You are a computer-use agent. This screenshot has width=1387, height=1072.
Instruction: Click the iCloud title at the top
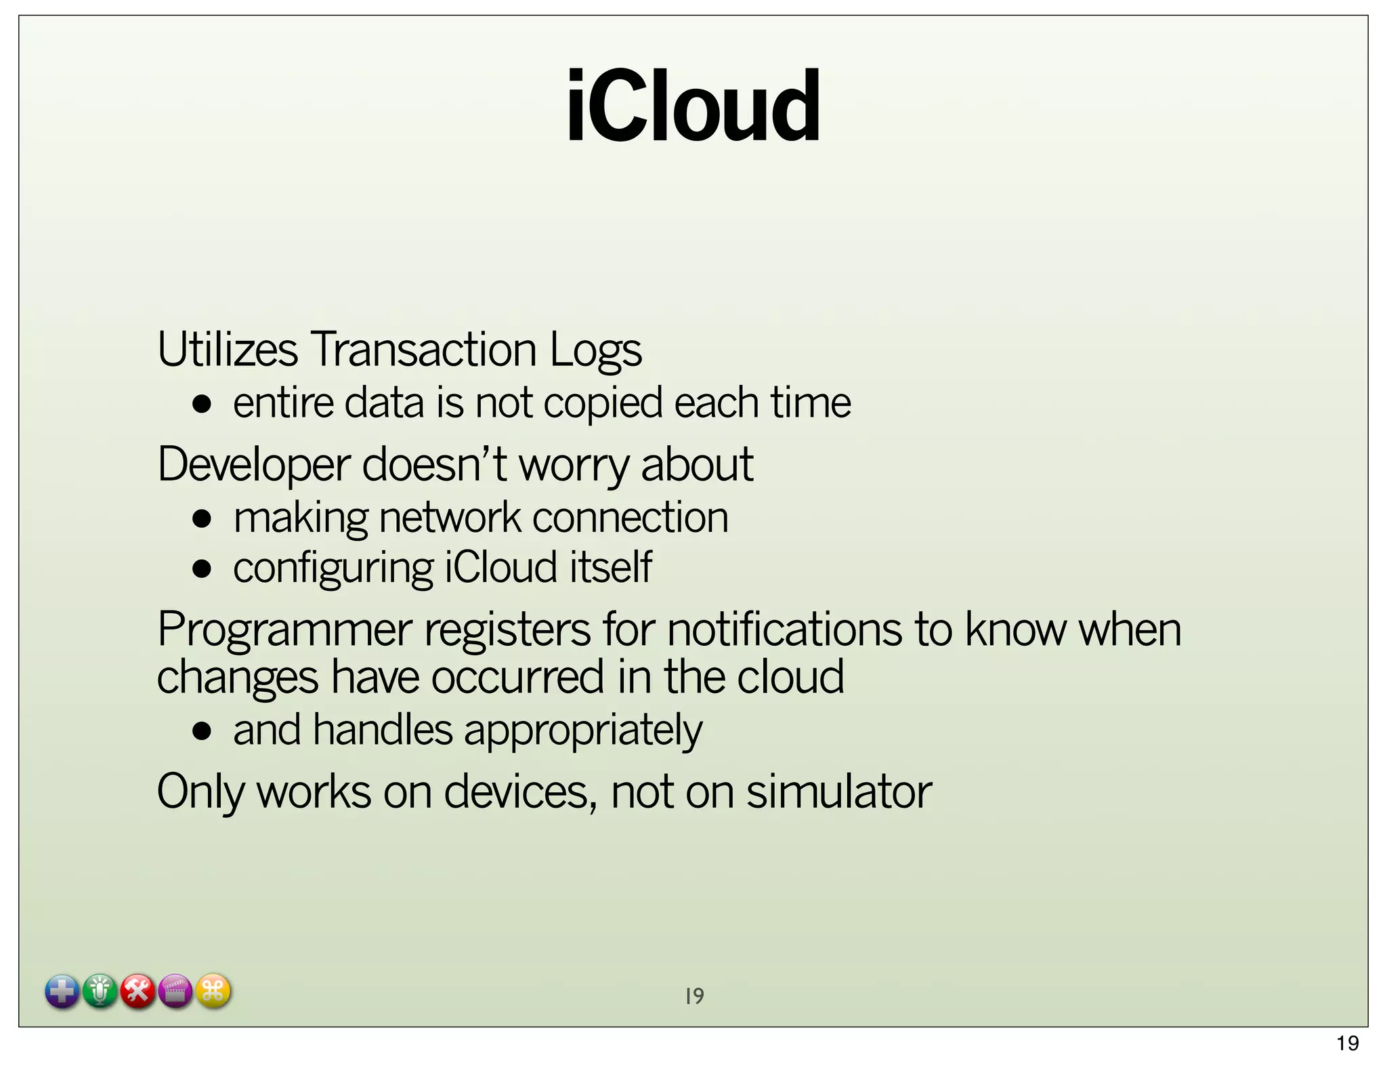pos(693,106)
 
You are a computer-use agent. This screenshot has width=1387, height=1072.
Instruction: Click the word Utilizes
pos(227,350)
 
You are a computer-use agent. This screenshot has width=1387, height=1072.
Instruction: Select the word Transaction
pos(423,350)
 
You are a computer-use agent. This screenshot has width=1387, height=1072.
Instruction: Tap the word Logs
pos(595,351)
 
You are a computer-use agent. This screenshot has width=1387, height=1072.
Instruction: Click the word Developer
pos(254,466)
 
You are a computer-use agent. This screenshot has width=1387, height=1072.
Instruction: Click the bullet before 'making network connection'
pos(202,520)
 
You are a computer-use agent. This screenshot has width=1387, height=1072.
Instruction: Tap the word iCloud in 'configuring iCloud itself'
pos(500,567)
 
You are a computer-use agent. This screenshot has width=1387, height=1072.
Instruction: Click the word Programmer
pos(284,630)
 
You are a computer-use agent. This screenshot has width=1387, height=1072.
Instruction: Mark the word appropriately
pos(583,732)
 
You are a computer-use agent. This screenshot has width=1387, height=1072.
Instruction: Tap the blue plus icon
pos(62,992)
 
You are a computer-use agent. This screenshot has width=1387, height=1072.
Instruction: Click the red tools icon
pos(138,992)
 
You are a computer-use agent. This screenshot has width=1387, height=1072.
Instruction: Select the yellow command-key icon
pos(213,991)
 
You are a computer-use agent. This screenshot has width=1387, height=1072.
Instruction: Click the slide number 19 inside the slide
pos(694,996)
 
